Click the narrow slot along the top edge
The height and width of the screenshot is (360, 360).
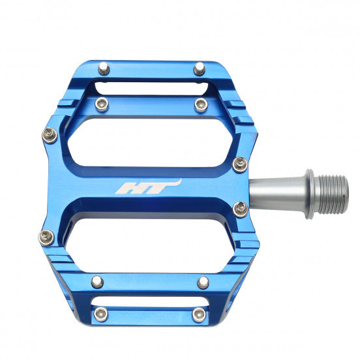149,87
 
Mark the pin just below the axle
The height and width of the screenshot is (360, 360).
241,208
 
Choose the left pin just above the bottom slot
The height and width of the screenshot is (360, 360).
97,282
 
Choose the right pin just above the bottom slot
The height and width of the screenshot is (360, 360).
203,282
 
